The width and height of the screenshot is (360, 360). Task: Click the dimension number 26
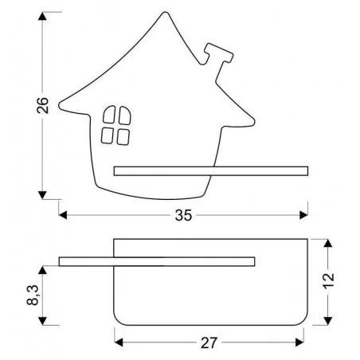click(x=43, y=105)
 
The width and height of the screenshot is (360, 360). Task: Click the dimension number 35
click(x=183, y=215)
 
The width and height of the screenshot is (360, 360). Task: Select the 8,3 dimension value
click(x=33, y=295)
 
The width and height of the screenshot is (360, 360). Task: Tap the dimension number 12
click(x=328, y=280)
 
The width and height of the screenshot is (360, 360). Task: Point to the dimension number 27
click(x=209, y=343)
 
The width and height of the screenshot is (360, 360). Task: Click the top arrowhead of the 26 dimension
click(x=42, y=16)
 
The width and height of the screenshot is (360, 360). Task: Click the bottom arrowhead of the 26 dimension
click(x=42, y=195)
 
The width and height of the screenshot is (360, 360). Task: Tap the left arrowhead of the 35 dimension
click(x=63, y=215)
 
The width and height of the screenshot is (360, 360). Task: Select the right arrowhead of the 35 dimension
click(x=303, y=215)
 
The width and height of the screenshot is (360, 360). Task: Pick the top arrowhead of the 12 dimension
click(x=328, y=243)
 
